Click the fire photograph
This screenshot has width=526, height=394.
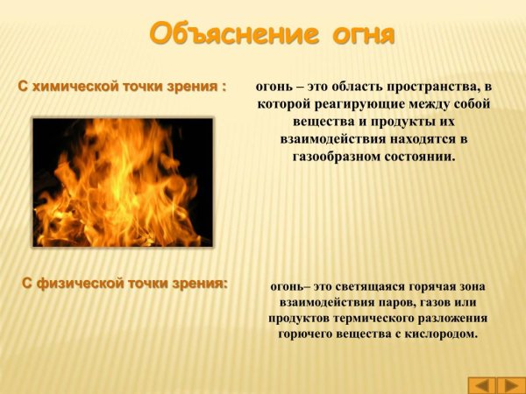point(123,182)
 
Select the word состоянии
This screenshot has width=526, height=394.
point(416,157)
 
